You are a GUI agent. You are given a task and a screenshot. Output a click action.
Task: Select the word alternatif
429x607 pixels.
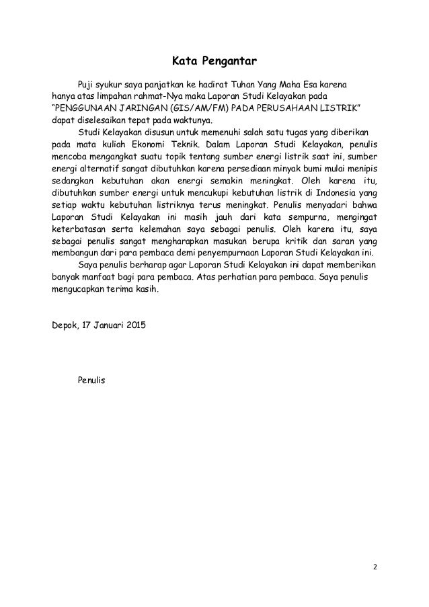coord(101,169)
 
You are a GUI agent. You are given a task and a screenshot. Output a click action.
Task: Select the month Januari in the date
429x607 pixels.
coord(112,326)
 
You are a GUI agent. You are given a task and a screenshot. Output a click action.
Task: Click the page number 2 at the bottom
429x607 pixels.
coord(376,565)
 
